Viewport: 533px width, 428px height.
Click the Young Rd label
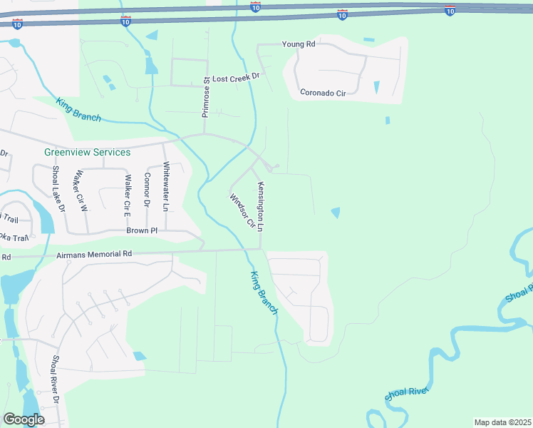[x=299, y=44]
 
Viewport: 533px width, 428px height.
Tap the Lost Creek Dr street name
[x=238, y=76]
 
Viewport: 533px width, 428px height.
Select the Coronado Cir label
[x=323, y=93]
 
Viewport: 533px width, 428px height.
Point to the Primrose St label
[x=205, y=97]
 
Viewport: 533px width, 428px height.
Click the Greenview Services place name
[x=88, y=152]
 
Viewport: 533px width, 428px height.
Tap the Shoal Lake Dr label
[x=58, y=189]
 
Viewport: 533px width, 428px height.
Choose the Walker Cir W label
[x=81, y=192]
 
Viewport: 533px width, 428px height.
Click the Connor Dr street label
[x=148, y=190]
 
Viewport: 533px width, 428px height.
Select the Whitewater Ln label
[x=167, y=187]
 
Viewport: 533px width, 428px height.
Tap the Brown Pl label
[x=141, y=231]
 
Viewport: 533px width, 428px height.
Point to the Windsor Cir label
[x=242, y=210]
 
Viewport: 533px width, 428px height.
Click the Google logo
[x=24, y=419]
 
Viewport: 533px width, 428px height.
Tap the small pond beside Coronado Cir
[x=377, y=87]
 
